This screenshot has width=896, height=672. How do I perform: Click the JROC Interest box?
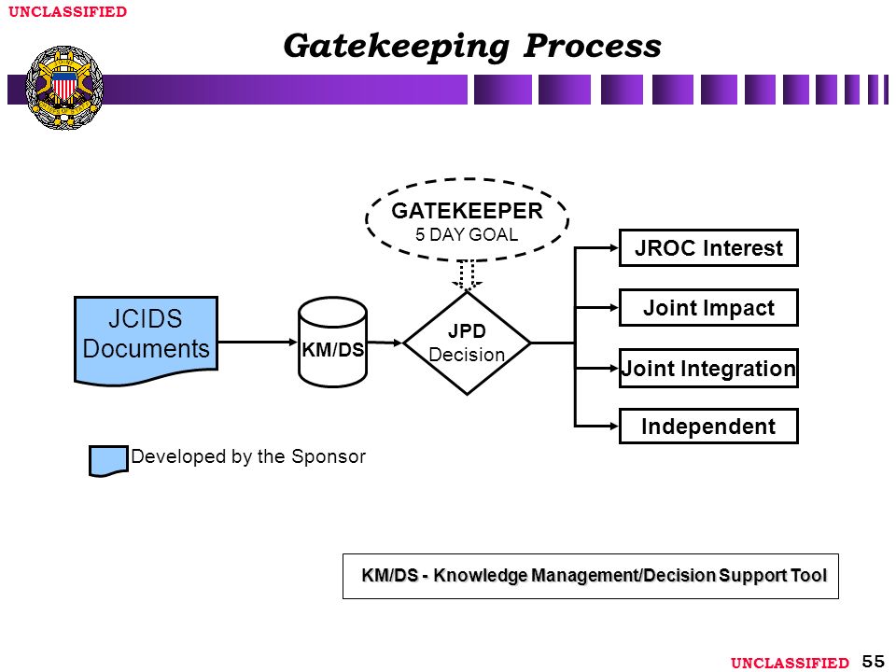(708, 248)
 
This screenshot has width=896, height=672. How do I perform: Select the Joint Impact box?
(708, 308)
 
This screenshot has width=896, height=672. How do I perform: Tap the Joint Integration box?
(708, 369)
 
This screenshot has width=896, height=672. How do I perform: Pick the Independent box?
(708, 427)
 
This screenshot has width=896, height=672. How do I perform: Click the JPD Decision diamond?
(467, 343)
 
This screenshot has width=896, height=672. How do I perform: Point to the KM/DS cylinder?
(332, 342)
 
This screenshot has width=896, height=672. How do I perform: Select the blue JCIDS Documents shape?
(147, 340)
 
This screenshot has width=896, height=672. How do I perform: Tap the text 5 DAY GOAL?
(467, 235)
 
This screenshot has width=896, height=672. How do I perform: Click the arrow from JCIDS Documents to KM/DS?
(258, 343)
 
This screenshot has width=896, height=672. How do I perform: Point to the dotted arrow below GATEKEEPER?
(467, 275)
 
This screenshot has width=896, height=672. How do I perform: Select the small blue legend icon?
(108, 460)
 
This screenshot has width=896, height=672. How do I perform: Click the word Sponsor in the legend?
(329, 456)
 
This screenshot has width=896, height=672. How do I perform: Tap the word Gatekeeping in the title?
(396, 46)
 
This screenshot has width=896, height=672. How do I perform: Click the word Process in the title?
(593, 45)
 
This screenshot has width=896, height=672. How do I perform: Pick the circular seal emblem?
(64, 88)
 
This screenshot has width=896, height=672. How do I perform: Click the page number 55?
(874, 661)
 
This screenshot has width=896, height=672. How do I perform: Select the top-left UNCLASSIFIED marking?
(67, 11)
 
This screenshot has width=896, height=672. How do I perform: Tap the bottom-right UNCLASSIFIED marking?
(790, 663)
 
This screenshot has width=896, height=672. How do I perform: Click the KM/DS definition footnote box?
(590, 576)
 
